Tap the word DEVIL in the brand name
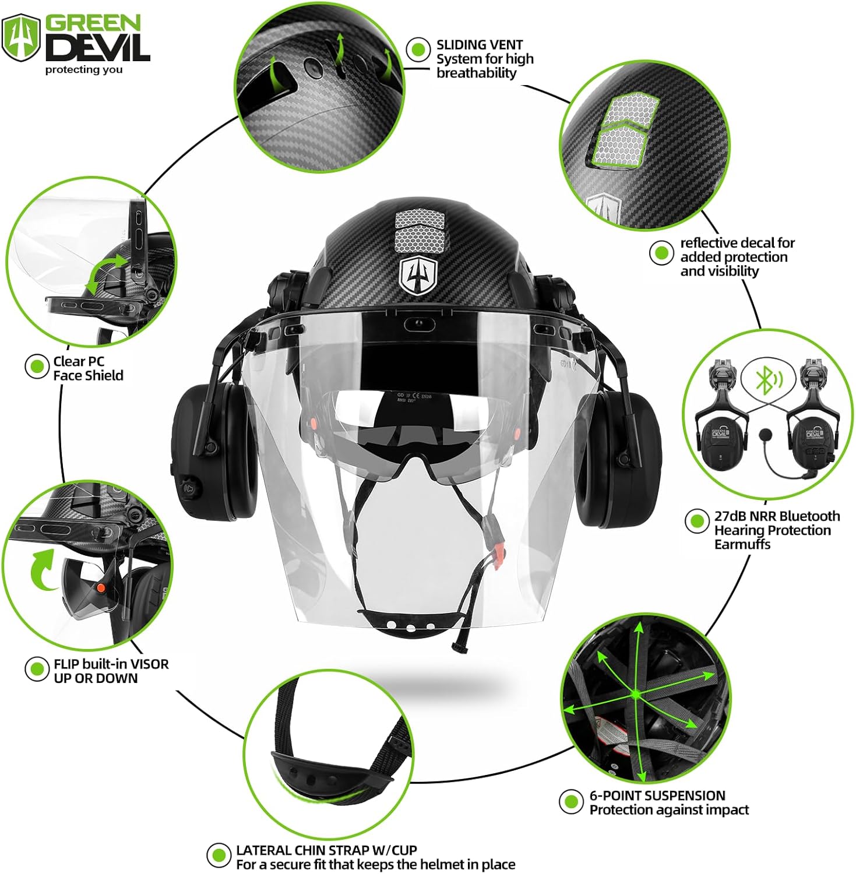[x=98, y=47]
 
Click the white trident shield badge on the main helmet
[x=418, y=276]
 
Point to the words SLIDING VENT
[x=479, y=45]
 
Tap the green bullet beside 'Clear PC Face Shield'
[x=37, y=366]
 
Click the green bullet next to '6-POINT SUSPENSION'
[x=571, y=802]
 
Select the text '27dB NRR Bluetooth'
[x=777, y=516]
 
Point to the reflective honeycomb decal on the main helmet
[x=420, y=230]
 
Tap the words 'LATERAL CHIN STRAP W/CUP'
[x=326, y=850]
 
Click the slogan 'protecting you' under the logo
[x=84, y=70]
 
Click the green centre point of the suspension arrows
[x=636, y=695]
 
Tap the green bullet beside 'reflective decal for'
[x=661, y=253]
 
